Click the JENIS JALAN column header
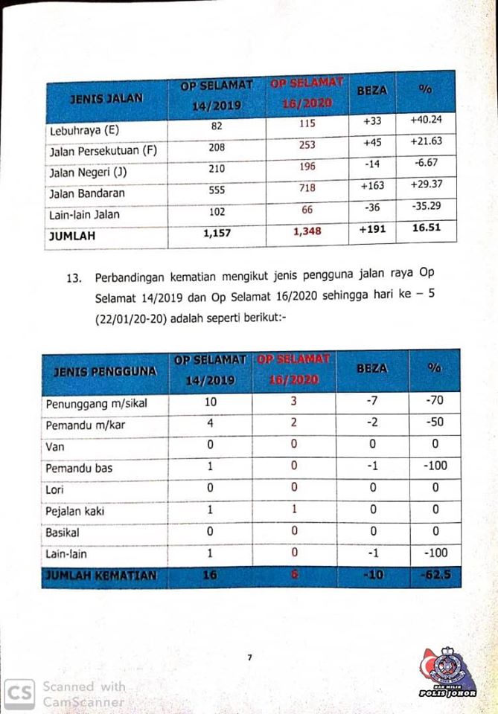pos(106,97)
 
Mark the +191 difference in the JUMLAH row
pos(372,229)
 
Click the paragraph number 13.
pos(73,279)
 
